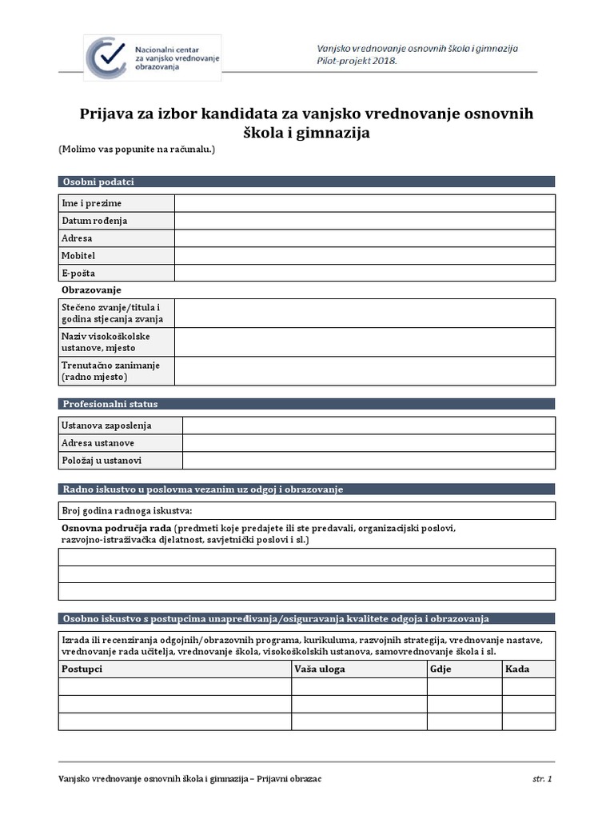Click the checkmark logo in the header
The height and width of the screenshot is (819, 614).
110,57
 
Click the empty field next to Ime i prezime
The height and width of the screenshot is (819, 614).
365,203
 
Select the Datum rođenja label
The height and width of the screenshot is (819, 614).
94,221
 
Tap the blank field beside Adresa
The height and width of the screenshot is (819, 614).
365,238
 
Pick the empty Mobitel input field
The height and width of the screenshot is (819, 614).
365,256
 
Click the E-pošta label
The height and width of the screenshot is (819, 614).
78,274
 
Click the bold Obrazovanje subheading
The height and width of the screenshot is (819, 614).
91,290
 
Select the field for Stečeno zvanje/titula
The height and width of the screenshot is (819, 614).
365,314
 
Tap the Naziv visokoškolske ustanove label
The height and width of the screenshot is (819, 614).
106,342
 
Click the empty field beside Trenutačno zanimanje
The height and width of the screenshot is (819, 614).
365,371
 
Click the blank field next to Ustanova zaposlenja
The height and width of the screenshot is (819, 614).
369,425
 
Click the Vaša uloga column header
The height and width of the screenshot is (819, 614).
320,669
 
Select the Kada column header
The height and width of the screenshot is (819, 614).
517,669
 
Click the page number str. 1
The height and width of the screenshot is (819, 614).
542,778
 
